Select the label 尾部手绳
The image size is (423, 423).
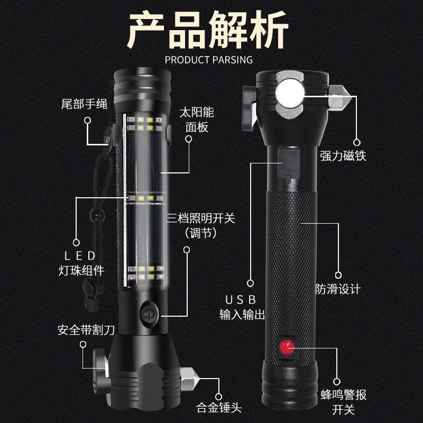(x=84, y=104)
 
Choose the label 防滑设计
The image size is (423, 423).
(x=338, y=289)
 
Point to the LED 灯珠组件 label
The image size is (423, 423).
(x=81, y=263)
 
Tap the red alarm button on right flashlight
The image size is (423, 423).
(x=287, y=348)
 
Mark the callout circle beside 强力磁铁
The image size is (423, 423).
(x=356, y=142)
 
